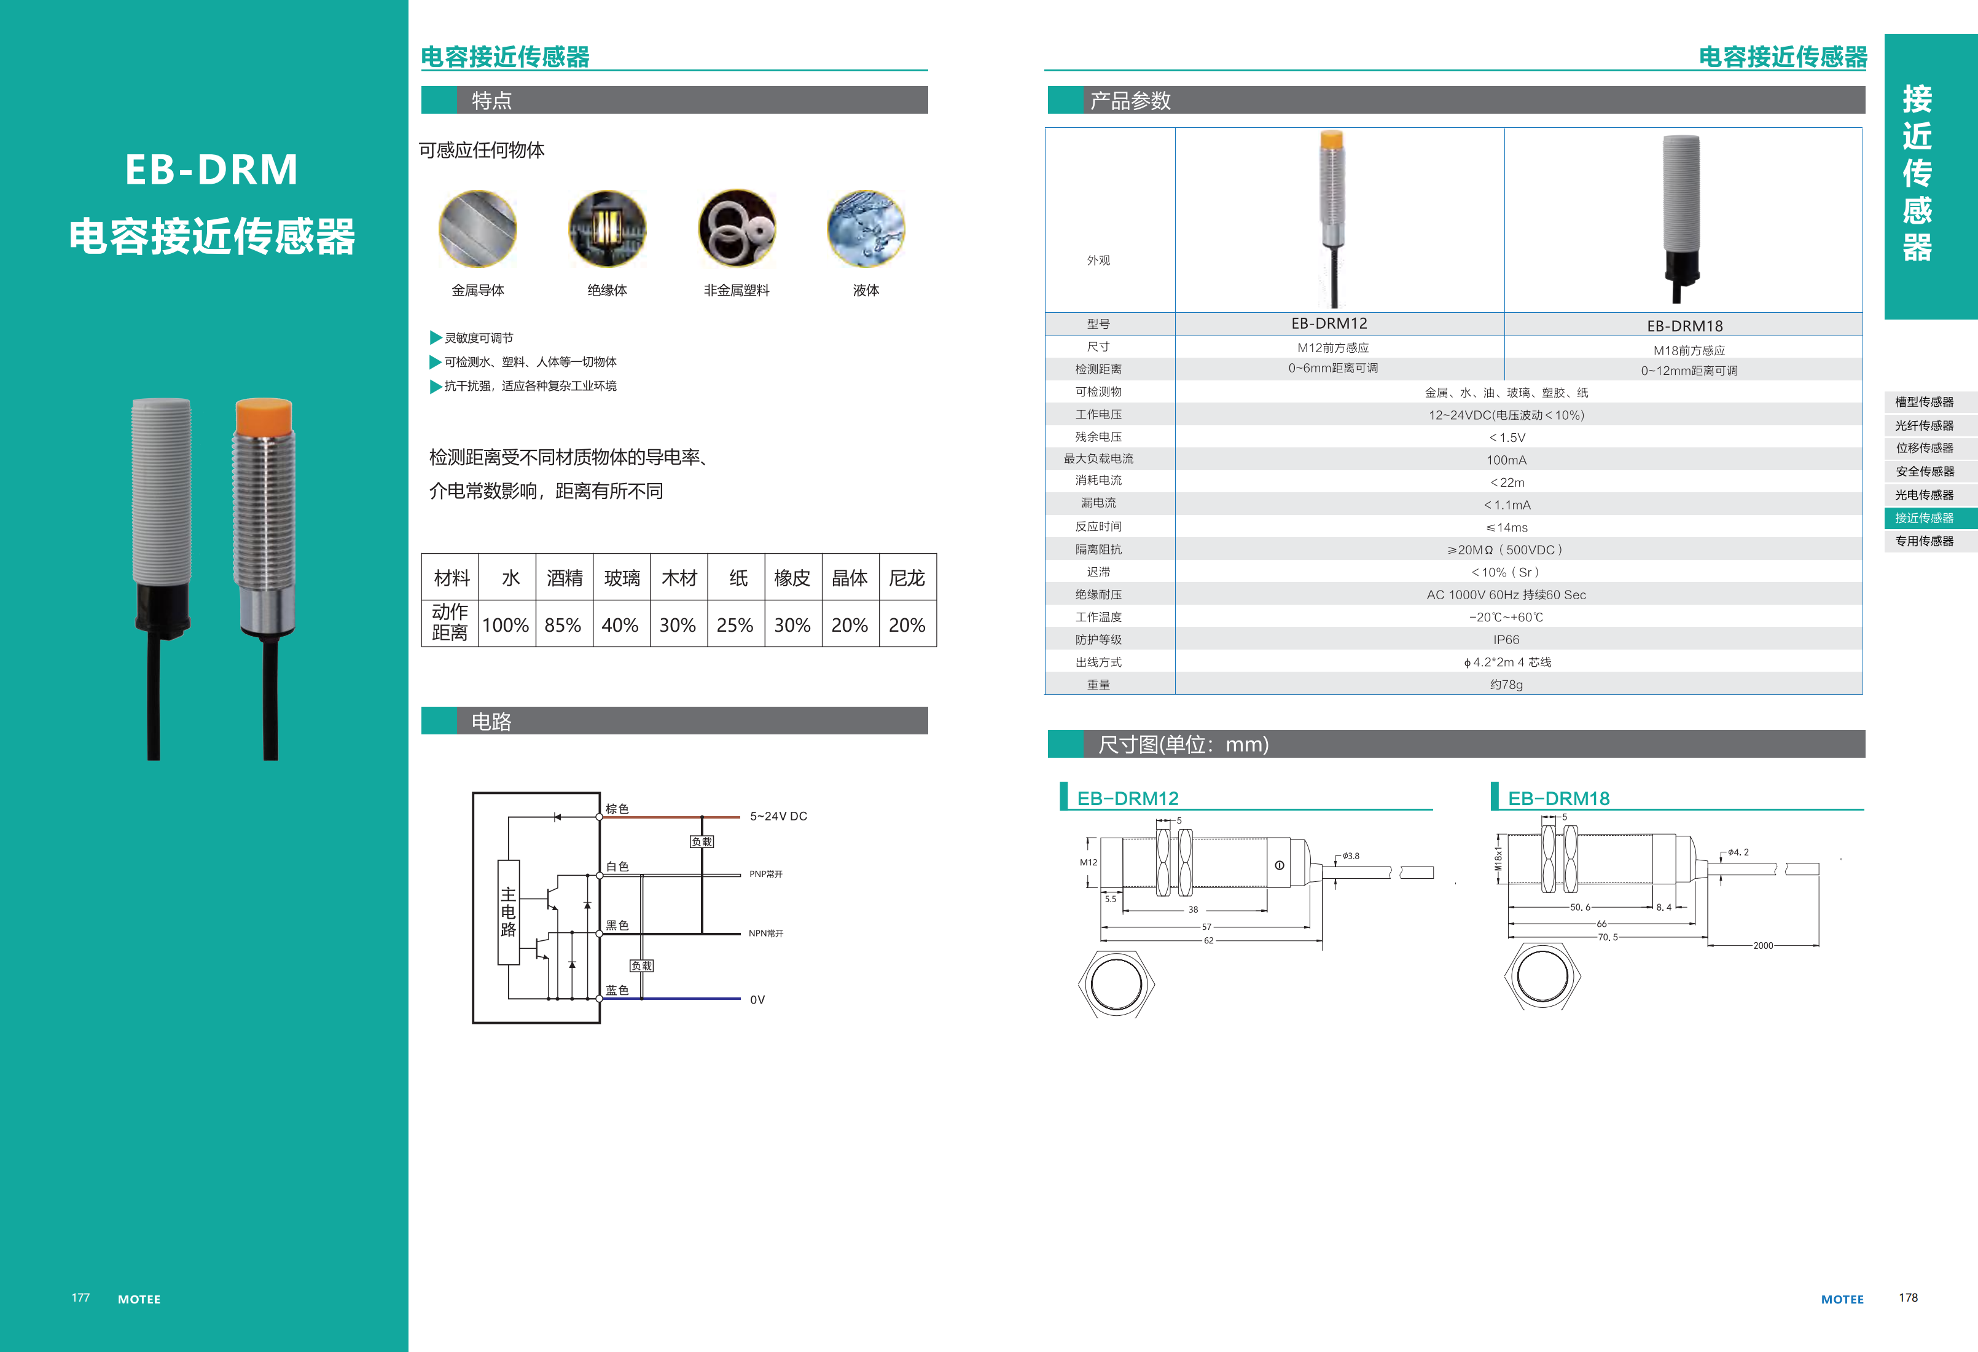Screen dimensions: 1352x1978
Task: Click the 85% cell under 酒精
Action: pyautogui.click(x=563, y=625)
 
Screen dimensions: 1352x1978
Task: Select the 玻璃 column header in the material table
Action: pyautogui.click(x=621, y=578)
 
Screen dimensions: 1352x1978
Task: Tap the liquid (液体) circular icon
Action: pyautogui.click(x=866, y=228)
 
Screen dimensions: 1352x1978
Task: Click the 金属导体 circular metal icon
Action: pyautogui.click(x=477, y=228)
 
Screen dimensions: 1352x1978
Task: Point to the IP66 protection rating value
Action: pyautogui.click(x=1506, y=639)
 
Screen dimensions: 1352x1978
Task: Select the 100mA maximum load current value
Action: pyautogui.click(x=1506, y=460)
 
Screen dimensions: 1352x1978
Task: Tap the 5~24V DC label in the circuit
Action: pyautogui.click(x=778, y=816)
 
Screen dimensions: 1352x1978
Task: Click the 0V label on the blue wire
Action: pyautogui.click(x=757, y=999)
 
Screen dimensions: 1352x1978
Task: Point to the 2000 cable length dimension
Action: pyautogui.click(x=1762, y=945)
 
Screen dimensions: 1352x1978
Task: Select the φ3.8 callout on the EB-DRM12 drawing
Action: pyautogui.click(x=1351, y=855)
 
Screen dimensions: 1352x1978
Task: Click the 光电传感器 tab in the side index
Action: pyautogui.click(x=1923, y=495)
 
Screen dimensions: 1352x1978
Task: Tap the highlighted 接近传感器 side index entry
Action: pyautogui.click(x=1923, y=517)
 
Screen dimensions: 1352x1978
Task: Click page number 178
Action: pyautogui.click(x=1907, y=1297)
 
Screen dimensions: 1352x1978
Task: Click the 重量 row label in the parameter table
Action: pyautogui.click(x=1098, y=685)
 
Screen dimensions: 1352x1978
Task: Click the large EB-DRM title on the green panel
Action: pyautogui.click(x=211, y=170)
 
